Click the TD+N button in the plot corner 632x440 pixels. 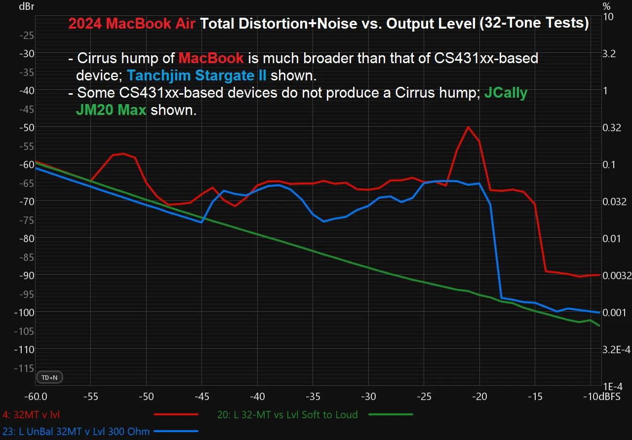tap(49, 377)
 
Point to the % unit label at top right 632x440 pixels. tap(606, 6)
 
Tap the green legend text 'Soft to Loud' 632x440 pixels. tap(287, 415)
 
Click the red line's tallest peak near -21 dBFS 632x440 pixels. tap(468, 127)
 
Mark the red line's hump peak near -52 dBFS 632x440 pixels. tap(123, 153)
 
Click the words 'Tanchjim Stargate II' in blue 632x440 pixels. tap(197, 75)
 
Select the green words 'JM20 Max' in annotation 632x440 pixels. tap(111, 110)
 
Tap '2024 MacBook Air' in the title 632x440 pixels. tap(132, 24)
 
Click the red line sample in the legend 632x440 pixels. tap(176, 415)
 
